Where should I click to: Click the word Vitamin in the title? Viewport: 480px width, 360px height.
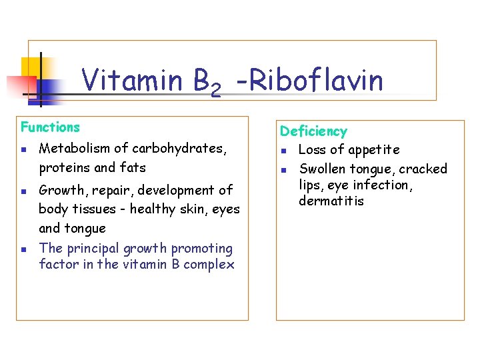pos(132,81)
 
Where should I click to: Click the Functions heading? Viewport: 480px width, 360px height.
pos(50,127)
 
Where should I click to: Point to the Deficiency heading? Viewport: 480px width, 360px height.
pos(313,131)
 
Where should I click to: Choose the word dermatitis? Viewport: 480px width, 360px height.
pos(331,201)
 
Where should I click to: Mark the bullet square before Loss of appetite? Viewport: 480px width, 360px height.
pos(283,151)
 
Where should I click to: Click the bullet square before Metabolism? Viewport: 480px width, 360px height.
pos(24,149)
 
